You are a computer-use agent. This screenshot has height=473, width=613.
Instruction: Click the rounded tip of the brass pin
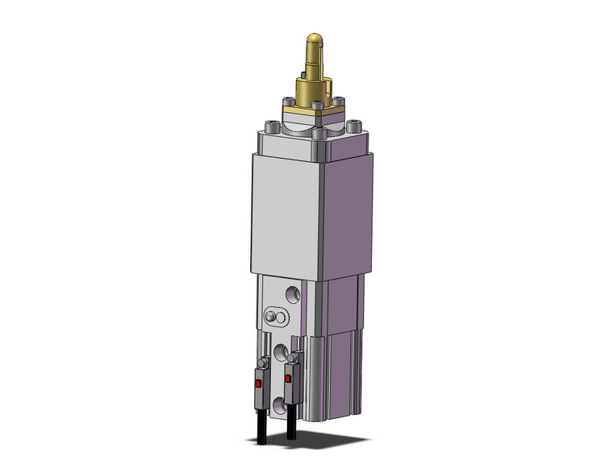pos(315,38)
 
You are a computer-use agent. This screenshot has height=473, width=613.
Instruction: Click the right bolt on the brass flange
pos(340,100)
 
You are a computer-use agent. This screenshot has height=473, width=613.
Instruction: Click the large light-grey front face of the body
pos(286,213)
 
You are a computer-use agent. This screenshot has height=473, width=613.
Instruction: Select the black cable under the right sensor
pos(290,425)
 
